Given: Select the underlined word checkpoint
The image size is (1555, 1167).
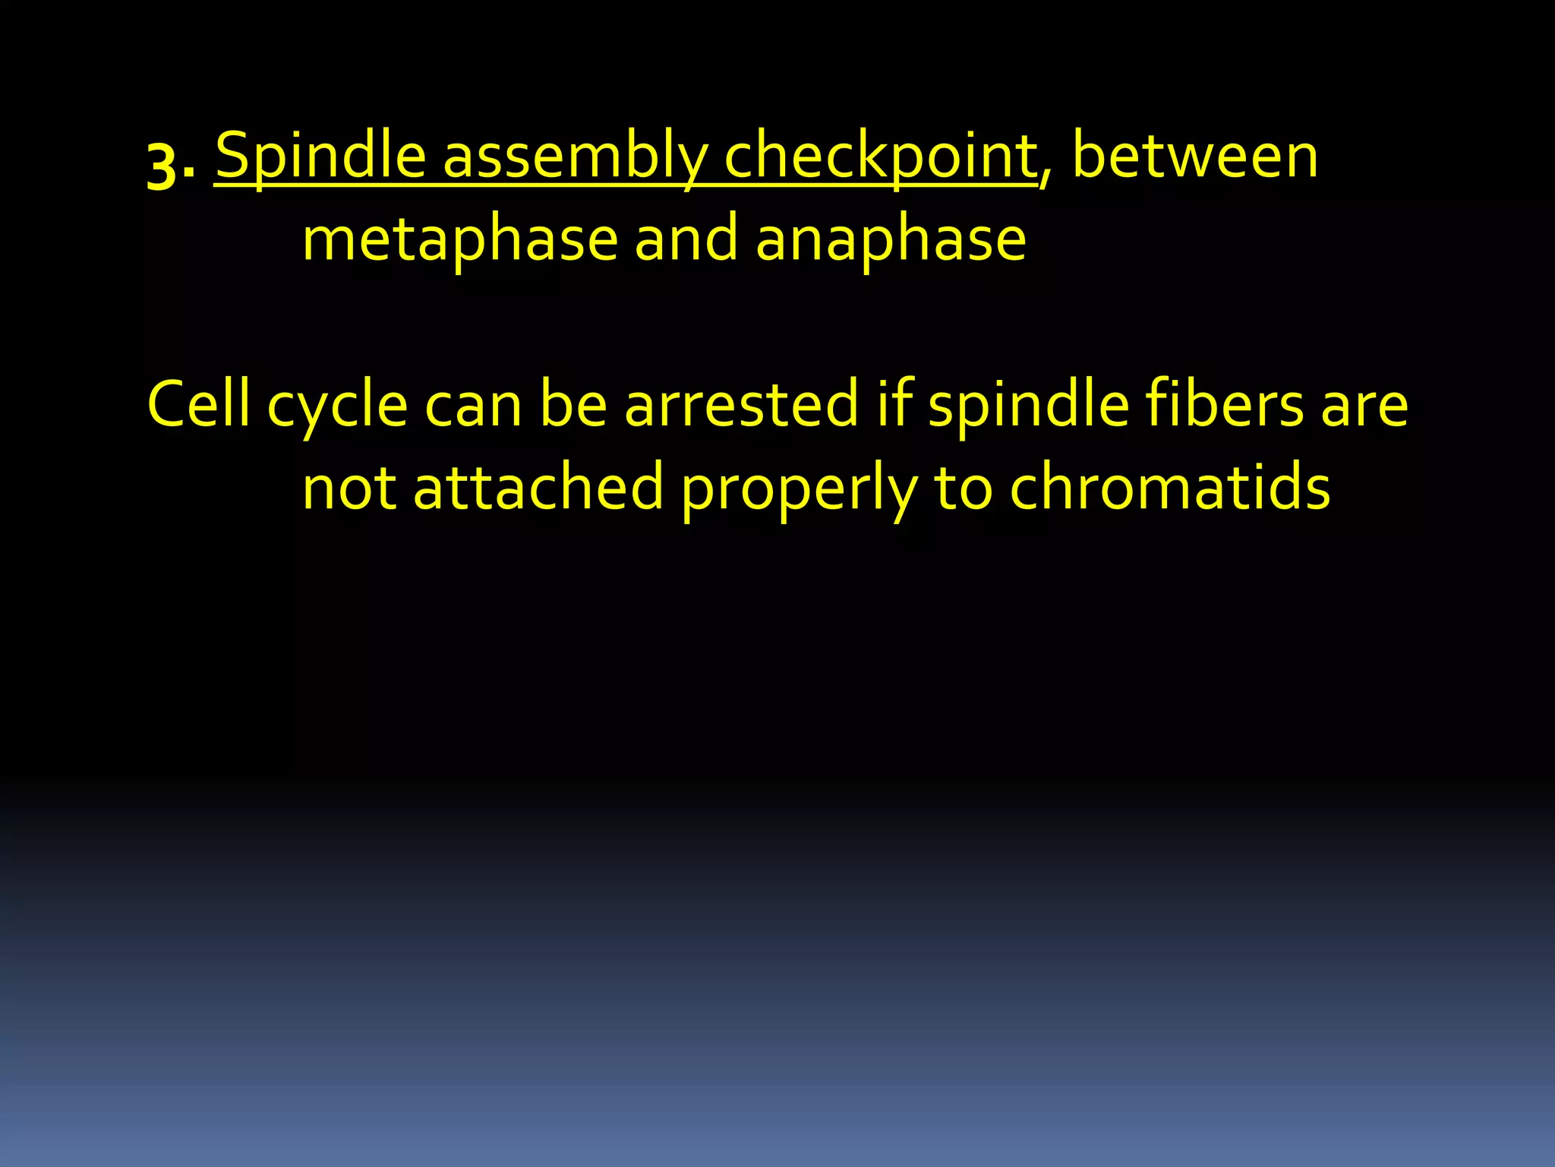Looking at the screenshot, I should (881, 157).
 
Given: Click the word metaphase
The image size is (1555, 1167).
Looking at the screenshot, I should (460, 240).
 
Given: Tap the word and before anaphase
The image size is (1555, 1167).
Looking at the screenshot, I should (686, 239).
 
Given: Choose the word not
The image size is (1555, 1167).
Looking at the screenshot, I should (349, 489).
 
